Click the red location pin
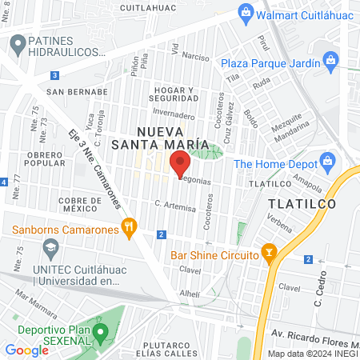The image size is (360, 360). (180, 162)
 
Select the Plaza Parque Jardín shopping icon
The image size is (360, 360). (329, 62)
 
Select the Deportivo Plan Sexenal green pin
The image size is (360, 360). (100, 330)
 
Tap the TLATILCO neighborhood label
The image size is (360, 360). (302, 204)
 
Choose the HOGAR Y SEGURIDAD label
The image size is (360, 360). (173, 94)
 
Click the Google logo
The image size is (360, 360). (26, 350)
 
